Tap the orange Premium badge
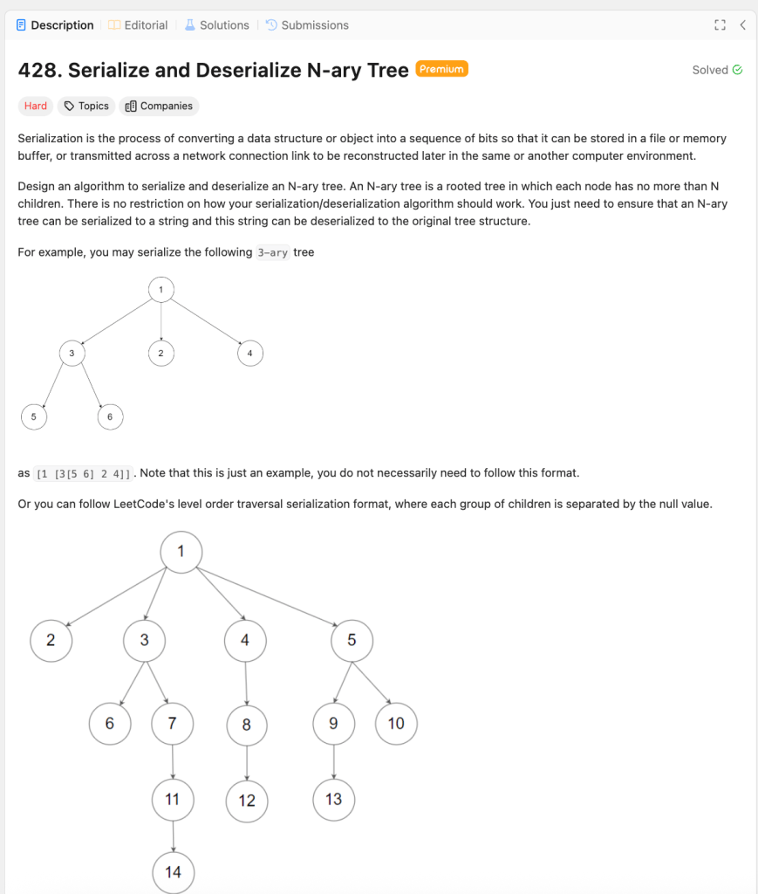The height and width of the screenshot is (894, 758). point(442,69)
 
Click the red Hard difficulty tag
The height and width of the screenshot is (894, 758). point(36,106)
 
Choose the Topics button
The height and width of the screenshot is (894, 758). point(86,106)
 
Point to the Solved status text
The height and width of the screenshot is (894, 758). point(710,70)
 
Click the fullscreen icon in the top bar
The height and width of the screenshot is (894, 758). point(720,25)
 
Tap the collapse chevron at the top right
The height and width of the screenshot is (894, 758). point(742,25)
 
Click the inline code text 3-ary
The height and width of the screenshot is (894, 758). point(273,252)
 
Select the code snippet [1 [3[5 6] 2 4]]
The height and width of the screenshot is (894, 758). point(84,474)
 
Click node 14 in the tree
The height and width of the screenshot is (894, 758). point(173,872)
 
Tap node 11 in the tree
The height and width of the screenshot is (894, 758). point(173,799)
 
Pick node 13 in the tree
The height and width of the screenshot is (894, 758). point(334,799)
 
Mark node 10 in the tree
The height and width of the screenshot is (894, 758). point(396,723)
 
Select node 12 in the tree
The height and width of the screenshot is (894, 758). point(247,801)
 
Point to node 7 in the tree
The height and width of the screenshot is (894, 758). point(173,723)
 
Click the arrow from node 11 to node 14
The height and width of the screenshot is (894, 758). point(173,836)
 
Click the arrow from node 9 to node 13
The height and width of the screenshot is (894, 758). point(334,761)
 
